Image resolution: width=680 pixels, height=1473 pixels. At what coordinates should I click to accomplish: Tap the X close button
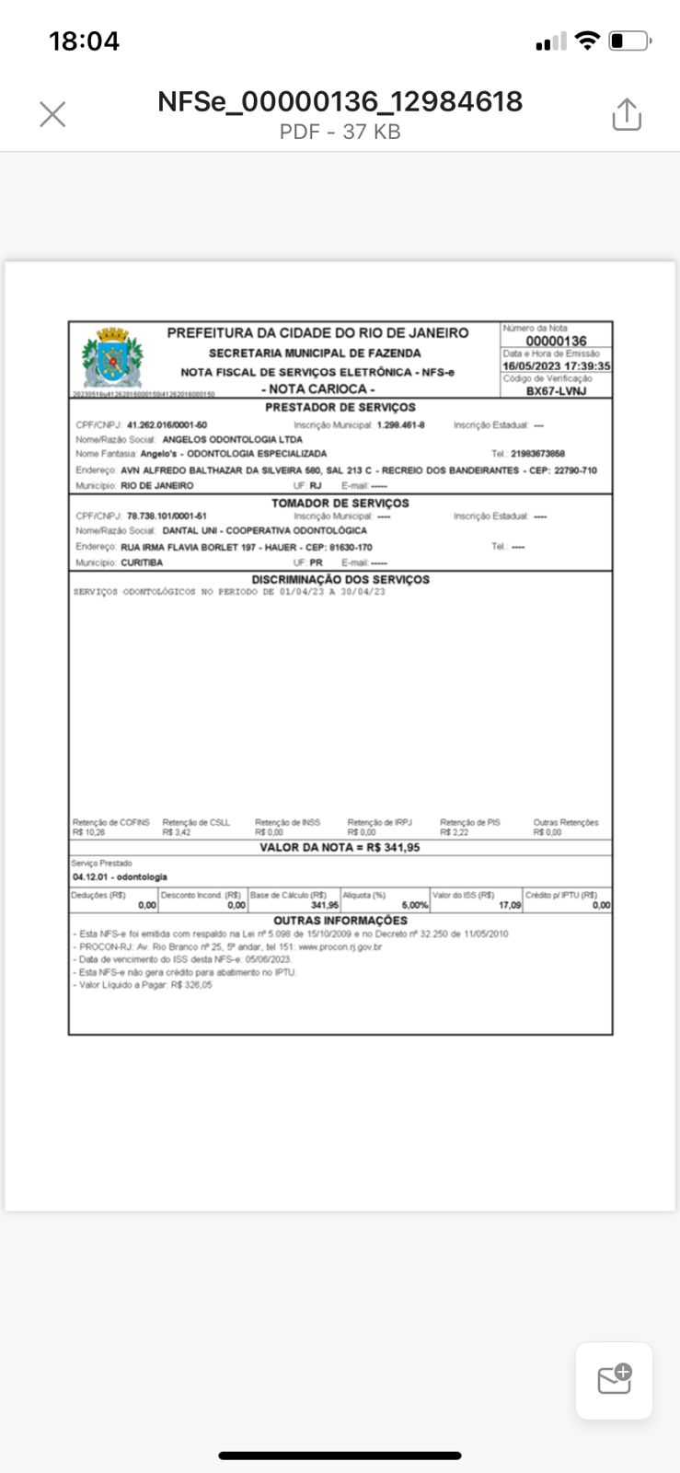coord(52,114)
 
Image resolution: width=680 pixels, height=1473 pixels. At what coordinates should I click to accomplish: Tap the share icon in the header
coord(627,114)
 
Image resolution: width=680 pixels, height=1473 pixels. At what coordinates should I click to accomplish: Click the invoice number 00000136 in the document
coord(556,342)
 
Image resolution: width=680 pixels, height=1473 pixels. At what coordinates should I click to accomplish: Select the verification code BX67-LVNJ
coord(556,391)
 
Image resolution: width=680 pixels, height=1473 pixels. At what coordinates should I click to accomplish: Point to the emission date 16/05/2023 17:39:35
coord(556,365)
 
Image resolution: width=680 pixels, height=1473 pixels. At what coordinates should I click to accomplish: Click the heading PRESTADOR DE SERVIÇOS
coord(340,407)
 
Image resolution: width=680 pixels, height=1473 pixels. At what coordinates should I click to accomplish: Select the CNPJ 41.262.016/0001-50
coord(167,425)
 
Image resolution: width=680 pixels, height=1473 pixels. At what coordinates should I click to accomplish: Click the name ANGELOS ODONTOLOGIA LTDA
coord(232,439)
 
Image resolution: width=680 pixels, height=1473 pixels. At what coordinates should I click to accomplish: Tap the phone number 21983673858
coord(537,454)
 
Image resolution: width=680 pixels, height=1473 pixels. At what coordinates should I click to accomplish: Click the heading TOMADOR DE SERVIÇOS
coord(340,503)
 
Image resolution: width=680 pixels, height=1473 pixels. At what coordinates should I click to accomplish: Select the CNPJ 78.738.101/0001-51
coord(167,516)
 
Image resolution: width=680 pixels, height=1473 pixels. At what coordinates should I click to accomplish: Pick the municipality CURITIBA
coord(142,563)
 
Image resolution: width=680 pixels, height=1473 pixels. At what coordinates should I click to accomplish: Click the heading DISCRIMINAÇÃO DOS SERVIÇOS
coord(340,580)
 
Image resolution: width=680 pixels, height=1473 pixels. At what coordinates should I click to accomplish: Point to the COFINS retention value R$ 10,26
coord(89,832)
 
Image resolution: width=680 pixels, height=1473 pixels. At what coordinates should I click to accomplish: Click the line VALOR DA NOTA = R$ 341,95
coord(340,847)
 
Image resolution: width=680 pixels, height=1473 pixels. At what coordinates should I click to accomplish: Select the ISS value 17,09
coord(510,905)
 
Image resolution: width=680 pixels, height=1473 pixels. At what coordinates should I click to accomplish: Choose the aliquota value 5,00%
coord(415,905)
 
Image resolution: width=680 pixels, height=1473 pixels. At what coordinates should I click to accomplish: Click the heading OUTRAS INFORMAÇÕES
coord(340,921)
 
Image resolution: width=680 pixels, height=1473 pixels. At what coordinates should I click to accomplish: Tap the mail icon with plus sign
coord(614,1380)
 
